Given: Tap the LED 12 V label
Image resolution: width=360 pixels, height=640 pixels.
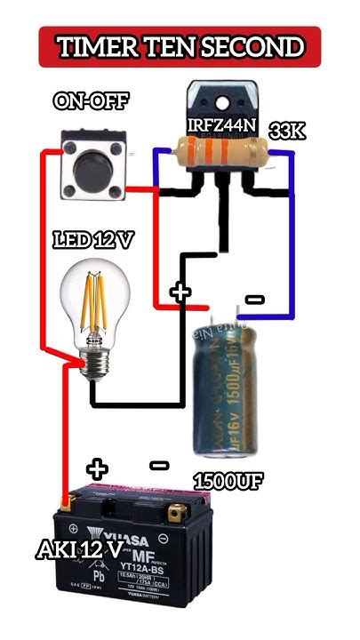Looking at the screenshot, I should click(94, 241).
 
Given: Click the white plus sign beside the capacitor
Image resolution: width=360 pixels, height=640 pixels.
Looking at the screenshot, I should click(180, 292).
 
